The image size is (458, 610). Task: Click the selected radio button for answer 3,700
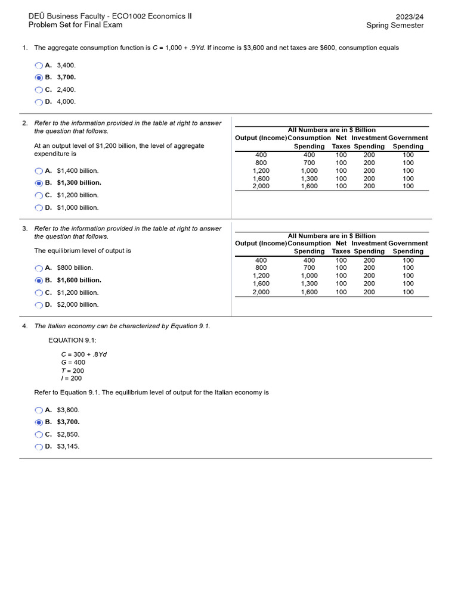(x=39, y=77)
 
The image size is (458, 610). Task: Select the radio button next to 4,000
(x=39, y=102)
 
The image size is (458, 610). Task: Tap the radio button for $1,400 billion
(x=39, y=171)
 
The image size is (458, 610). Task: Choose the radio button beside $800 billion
(x=39, y=268)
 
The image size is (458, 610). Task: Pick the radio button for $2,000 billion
(x=39, y=305)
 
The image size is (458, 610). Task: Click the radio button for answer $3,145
(x=39, y=447)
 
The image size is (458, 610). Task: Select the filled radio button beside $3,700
(x=39, y=422)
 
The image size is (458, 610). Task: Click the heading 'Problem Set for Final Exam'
(x=75, y=25)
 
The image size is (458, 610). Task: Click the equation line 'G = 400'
(x=73, y=362)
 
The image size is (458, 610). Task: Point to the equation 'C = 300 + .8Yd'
(x=84, y=354)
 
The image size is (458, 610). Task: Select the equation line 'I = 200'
(x=72, y=378)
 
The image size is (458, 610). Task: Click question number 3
(x=24, y=228)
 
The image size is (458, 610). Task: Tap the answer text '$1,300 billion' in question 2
(x=79, y=183)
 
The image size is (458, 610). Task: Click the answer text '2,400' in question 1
(x=66, y=89)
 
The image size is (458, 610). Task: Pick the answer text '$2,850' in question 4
(x=68, y=434)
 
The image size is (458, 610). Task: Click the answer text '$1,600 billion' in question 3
(x=79, y=280)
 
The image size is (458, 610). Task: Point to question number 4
(x=24, y=326)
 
